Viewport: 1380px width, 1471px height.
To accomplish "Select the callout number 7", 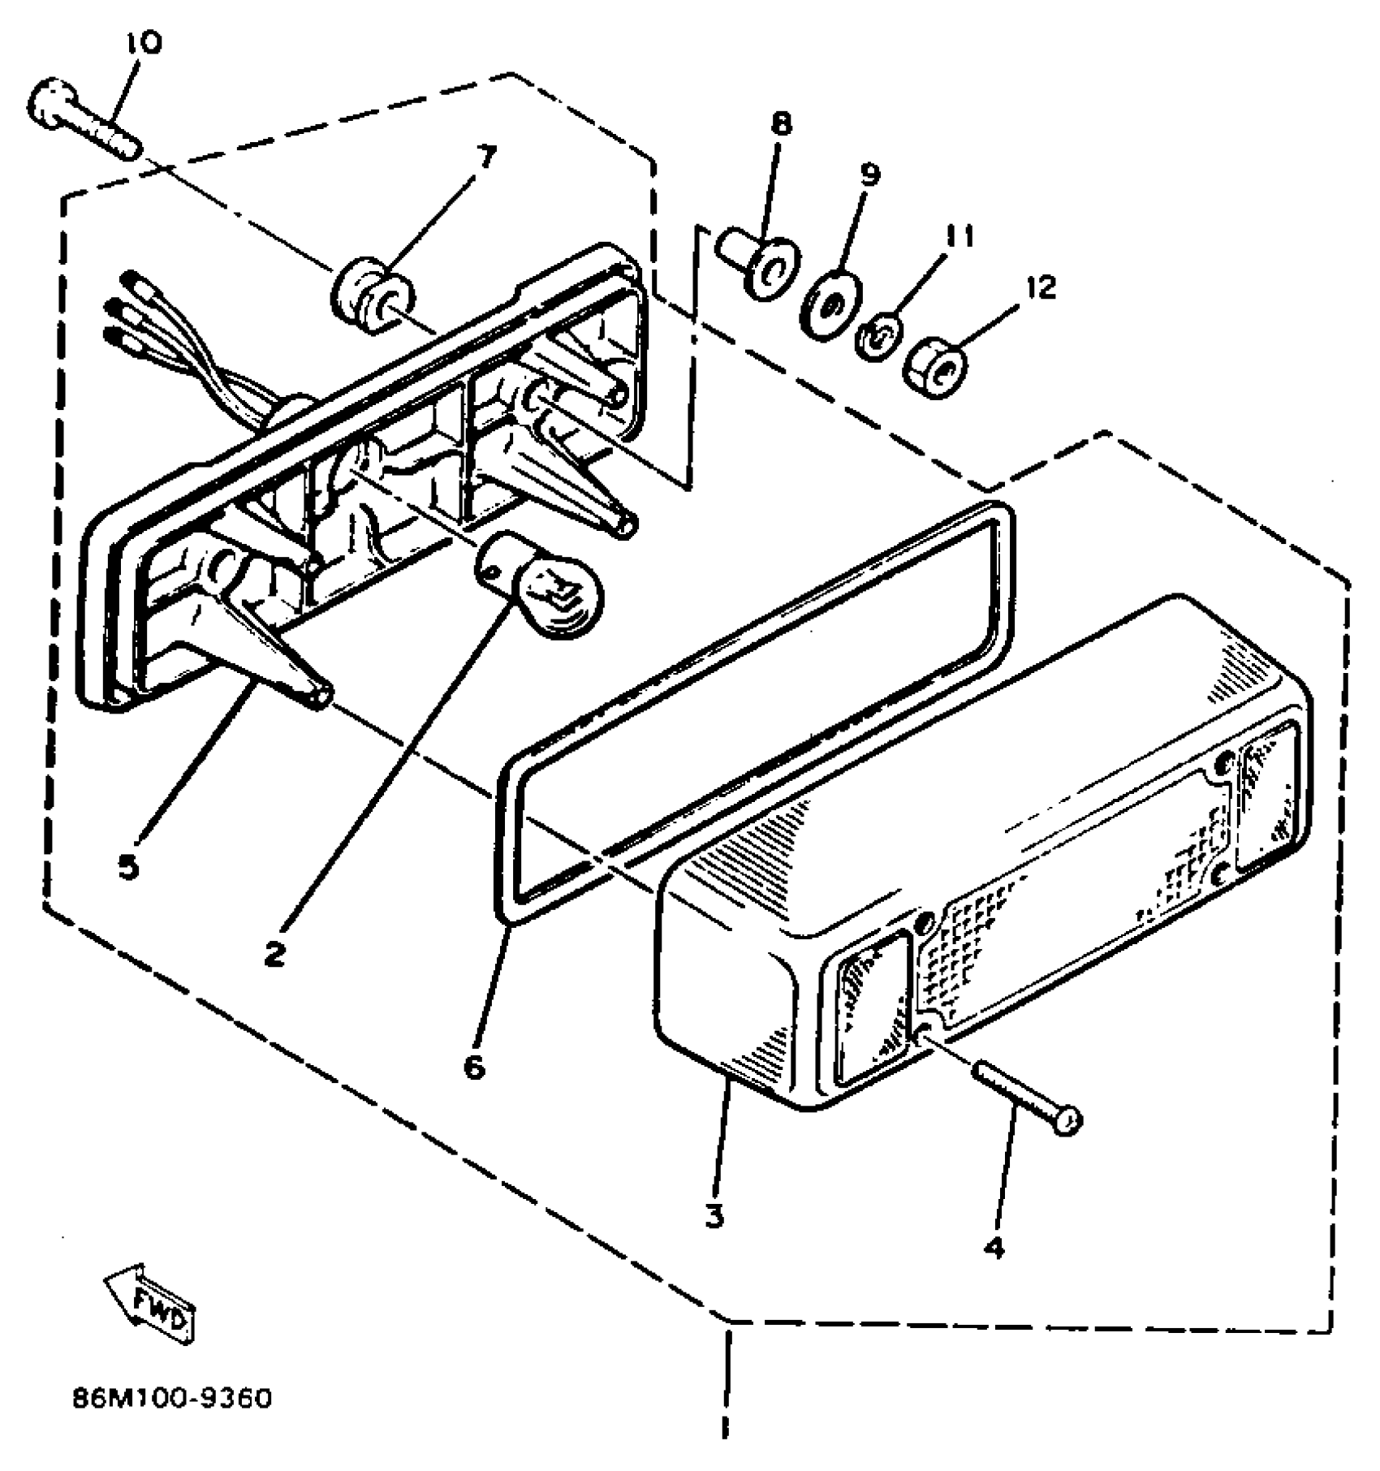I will (x=486, y=156).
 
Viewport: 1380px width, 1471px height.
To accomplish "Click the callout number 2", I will (x=274, y=955).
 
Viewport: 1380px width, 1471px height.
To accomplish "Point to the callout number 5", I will (x=127, y=868).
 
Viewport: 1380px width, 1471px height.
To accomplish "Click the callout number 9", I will (x=869, y=175).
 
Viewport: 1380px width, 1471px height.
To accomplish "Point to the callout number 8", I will (x=780, y=124).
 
